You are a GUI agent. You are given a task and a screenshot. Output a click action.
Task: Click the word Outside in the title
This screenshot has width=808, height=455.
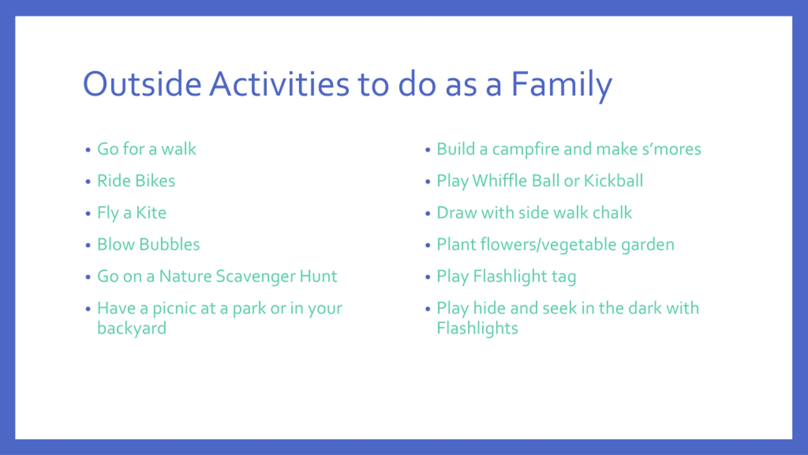142,84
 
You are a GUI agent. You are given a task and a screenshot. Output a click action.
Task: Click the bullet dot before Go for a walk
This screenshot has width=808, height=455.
88,150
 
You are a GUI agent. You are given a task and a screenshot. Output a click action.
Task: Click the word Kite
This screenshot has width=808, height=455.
151,212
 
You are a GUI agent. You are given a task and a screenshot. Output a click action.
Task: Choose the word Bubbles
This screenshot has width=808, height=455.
170,244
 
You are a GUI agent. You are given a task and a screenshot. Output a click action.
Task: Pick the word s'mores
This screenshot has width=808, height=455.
672,149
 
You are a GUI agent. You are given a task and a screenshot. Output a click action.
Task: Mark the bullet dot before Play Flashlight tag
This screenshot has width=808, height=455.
428,277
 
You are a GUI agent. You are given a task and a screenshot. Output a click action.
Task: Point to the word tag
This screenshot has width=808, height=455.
564,278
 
